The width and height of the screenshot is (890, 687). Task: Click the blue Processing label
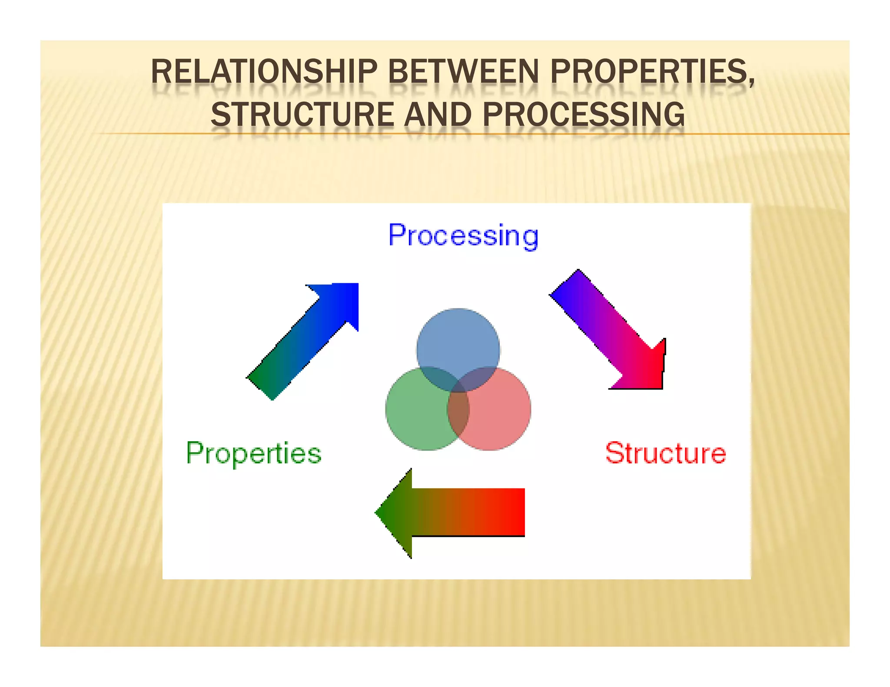463,236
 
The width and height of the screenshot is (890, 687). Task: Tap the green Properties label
254,453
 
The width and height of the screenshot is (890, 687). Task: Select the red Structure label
665,453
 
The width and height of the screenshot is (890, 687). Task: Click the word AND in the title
438,114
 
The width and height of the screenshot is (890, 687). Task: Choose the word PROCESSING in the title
583,114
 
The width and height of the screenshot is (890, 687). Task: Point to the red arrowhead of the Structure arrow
648,369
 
